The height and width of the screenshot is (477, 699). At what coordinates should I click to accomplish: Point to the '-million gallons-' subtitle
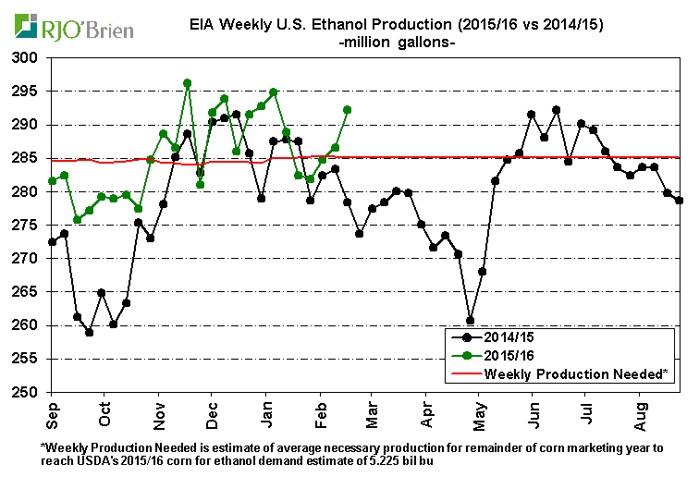[398, 43]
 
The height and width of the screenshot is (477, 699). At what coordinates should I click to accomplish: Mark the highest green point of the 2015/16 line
[187, 83]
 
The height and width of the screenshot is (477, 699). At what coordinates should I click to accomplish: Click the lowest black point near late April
[470, 321]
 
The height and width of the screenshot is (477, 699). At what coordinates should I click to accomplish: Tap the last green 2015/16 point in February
[348, 109]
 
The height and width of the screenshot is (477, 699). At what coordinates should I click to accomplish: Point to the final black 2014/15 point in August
[679, 201]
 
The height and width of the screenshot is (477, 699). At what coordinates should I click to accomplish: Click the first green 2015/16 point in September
[53, 180]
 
